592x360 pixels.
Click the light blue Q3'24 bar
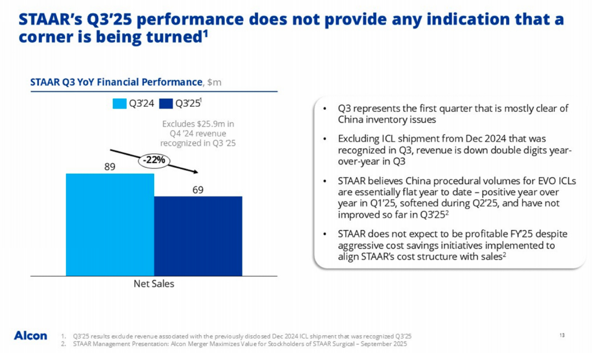point(110,224)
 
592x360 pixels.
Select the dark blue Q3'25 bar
point(198,236)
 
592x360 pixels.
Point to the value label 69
point(198,190)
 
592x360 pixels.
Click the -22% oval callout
point(154,160)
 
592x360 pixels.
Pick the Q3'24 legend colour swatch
point(119,103)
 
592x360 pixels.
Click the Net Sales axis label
point(153,284)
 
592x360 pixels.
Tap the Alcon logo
point(30,335)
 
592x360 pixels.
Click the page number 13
point(562,335)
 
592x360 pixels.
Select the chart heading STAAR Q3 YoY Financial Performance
point(116,82)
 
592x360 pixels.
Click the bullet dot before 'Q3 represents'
point(326,108)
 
